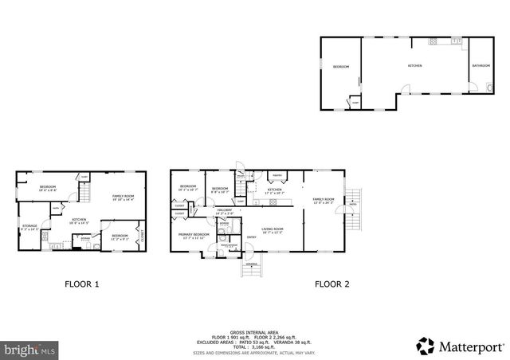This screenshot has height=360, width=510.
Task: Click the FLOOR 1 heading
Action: [x=81, y=284]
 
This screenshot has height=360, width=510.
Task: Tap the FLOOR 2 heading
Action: [x=331, y=284]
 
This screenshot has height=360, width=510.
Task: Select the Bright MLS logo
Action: [x=29, y=349]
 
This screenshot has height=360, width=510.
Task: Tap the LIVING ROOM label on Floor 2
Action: [x=273, y=229]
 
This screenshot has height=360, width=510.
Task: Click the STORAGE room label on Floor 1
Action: [x=29, y=227]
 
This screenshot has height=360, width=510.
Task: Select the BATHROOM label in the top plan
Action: [x=481, y=65]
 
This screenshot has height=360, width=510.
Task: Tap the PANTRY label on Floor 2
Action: [x=278, y=175]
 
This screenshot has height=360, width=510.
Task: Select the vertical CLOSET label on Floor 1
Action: [x=143, y=237]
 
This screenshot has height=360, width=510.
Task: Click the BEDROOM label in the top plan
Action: [x=341, y=67]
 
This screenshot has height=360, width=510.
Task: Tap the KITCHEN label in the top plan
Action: [x=414, y=65]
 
